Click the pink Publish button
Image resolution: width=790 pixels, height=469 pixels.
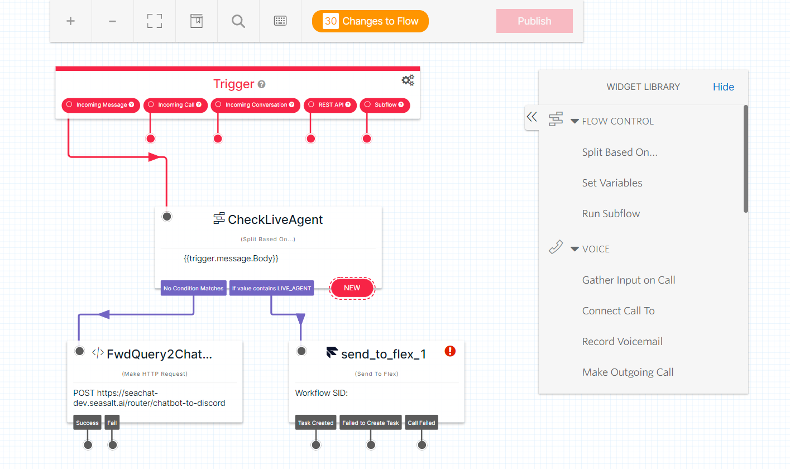pos(534,21)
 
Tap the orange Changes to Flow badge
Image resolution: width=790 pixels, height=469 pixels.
pos(370,21)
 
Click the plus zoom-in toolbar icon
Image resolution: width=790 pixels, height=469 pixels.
pos(71,21)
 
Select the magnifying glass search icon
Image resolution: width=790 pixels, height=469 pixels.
pos(238,21)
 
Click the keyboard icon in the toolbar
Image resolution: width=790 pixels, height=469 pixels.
pos(280,21)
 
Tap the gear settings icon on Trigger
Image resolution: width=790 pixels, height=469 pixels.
pos(408,80)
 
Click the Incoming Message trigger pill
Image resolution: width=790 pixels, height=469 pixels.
pos(100,105)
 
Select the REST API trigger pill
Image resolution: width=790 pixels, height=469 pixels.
pos(330,105)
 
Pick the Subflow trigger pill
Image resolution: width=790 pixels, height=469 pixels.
pos(385,105)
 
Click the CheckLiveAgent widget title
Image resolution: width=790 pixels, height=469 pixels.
pos(275,219)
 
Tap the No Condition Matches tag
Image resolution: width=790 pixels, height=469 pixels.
pos(193,289)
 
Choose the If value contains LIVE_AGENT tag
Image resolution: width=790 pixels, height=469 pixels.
pos(271,289)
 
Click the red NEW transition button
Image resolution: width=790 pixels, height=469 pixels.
pos(352,288)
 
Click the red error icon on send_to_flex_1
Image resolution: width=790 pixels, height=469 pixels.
pos(451,351)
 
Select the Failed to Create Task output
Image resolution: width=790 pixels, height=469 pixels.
pos(371,423)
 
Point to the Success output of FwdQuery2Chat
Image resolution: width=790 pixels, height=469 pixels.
pos(87,423)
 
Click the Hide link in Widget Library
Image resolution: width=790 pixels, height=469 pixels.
pos(723,87)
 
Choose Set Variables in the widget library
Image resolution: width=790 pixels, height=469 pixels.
pos(612,183)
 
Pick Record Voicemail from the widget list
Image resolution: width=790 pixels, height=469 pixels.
pos(622,342)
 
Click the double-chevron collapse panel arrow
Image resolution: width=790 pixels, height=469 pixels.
pos(532,117)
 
